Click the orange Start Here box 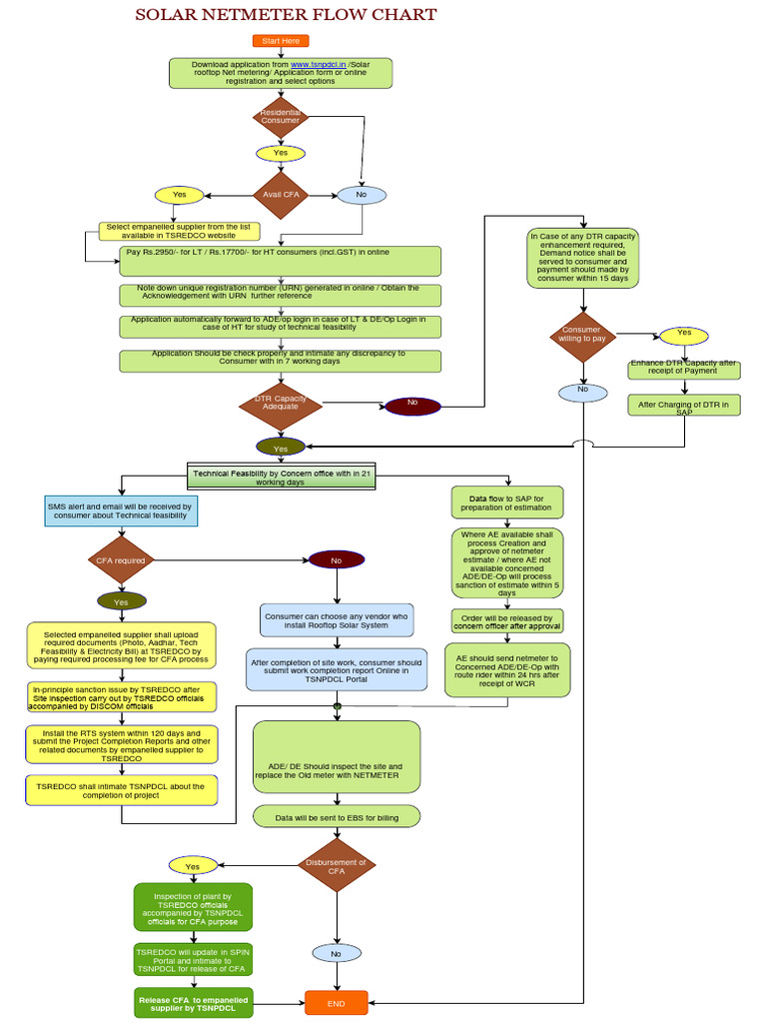coord(281,41)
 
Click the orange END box coord(337,1002)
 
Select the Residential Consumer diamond coord(281,116)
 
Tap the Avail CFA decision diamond coord(281,195)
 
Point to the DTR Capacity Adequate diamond coord(280,404)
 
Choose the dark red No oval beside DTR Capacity coord(410,405)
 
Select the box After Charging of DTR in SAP coord(684,406)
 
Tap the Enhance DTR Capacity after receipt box coord(684,370)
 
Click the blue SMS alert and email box coord(121,511)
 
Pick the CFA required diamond coord(121,560)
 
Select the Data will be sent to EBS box coord(337,817)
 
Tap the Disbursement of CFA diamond coord(336,866)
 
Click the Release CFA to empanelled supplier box coord(193,1003)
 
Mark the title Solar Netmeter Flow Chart coord(286,15)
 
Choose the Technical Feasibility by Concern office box coord(283,477)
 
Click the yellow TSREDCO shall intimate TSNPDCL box coord(121,791)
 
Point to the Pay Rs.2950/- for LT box coord(280,261)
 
